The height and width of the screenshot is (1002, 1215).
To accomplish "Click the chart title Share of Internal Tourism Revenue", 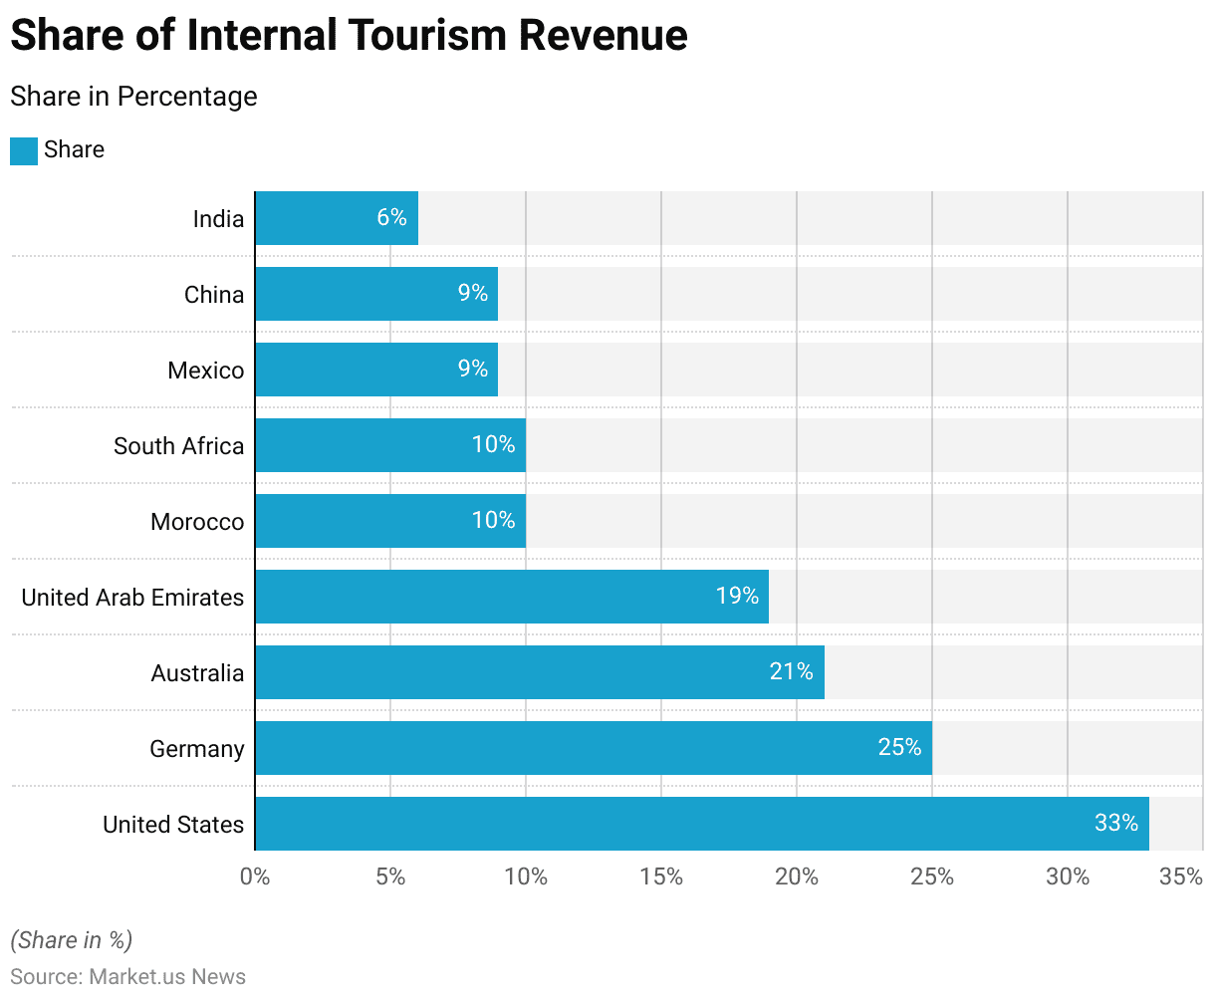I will coord(349,36).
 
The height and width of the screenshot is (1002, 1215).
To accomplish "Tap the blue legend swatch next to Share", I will coord(24,150).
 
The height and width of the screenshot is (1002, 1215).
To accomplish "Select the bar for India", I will coord(337,218).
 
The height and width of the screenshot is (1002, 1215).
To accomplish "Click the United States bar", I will coord(701,824).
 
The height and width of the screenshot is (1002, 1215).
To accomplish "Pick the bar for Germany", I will coord(593,748).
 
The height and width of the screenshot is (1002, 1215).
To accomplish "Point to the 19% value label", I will coord(737,596).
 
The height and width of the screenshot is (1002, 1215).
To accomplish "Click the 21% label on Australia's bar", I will coord(792,671).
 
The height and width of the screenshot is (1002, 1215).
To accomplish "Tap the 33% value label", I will coord(1116,823).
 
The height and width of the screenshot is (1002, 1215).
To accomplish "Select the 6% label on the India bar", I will coord(391,217).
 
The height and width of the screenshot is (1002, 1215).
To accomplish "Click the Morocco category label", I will coord(197,522).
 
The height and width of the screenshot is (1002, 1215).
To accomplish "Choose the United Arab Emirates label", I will coord(132,598).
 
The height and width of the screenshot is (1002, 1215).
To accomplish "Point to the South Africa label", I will coord(178,446).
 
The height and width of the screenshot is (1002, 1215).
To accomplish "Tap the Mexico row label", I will coord(205,371).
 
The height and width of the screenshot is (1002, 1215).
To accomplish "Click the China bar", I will coord(376,294).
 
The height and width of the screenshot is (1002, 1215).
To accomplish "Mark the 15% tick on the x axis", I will coord(661,877).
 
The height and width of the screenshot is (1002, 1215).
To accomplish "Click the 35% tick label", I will coord(1181,877).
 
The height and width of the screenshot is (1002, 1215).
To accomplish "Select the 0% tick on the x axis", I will coord(255,877).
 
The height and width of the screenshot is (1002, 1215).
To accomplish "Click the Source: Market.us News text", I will coord(127,976).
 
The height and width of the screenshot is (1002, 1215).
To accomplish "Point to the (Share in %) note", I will coord(71,940).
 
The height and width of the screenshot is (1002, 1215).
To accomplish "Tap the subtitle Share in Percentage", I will coord(133,97).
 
